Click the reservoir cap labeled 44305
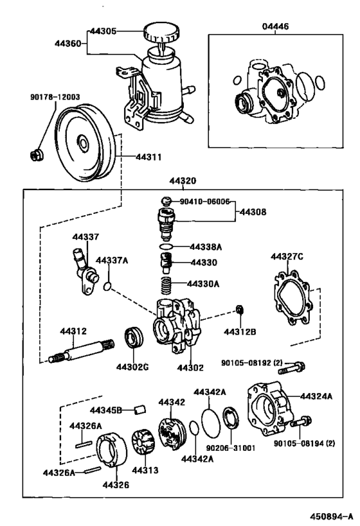[161, 33]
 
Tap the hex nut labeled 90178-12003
[36, 155]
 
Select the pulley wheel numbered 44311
[86, 143]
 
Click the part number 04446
[275, 26]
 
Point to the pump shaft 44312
[81, 351]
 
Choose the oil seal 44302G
[134, 337]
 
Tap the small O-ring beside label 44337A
[107, 286]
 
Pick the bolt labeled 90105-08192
[291, 367]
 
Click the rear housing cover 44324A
[268, 408]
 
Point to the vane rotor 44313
[144, 443]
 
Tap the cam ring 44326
[112, 450]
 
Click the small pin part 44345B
[139, 410]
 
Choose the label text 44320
[183, 181]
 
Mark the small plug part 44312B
[240, 310]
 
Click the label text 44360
[68, 43]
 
